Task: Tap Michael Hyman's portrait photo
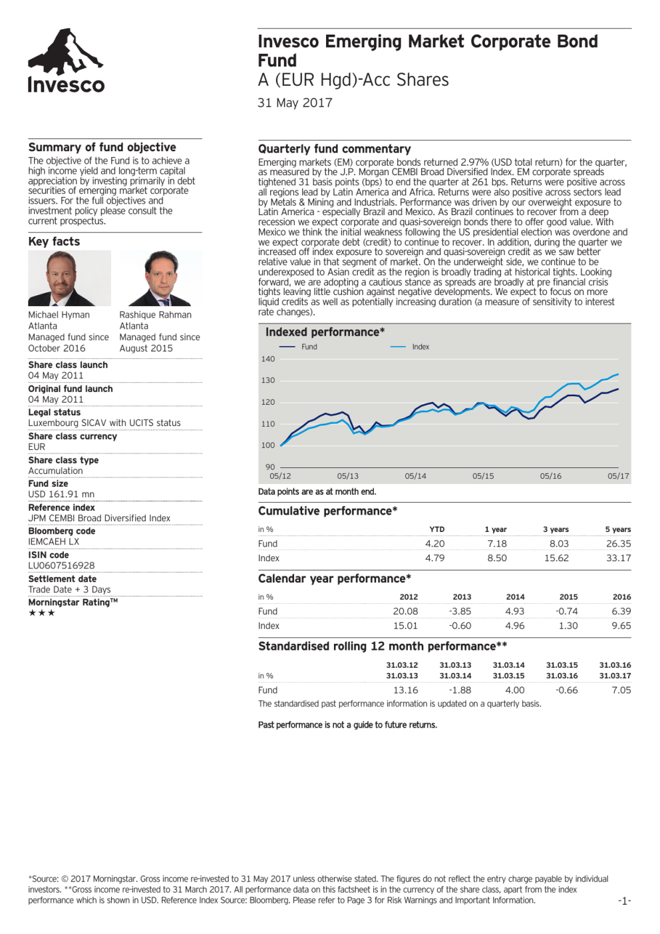point(69,278)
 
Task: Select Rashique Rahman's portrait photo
point(160,278)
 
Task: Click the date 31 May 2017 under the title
point(295,103)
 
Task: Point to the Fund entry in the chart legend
point(309,347)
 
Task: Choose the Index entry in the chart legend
point(420,347)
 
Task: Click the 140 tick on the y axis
point(268,359)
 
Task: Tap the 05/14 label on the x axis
point(415,477)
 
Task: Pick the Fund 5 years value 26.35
point(618,544)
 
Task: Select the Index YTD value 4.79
point(434,559)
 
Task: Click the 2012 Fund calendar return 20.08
point(405,612)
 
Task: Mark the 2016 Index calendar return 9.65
point(621,626)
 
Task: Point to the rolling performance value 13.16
point(405,690)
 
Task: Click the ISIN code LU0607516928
point(61,566)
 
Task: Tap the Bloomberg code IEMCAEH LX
point(53,542)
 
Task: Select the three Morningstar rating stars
point(41,613)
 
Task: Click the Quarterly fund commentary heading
point(334,149)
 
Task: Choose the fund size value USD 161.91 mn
point(61,495)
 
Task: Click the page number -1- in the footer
point(624,901)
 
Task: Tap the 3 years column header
point(556,530)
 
